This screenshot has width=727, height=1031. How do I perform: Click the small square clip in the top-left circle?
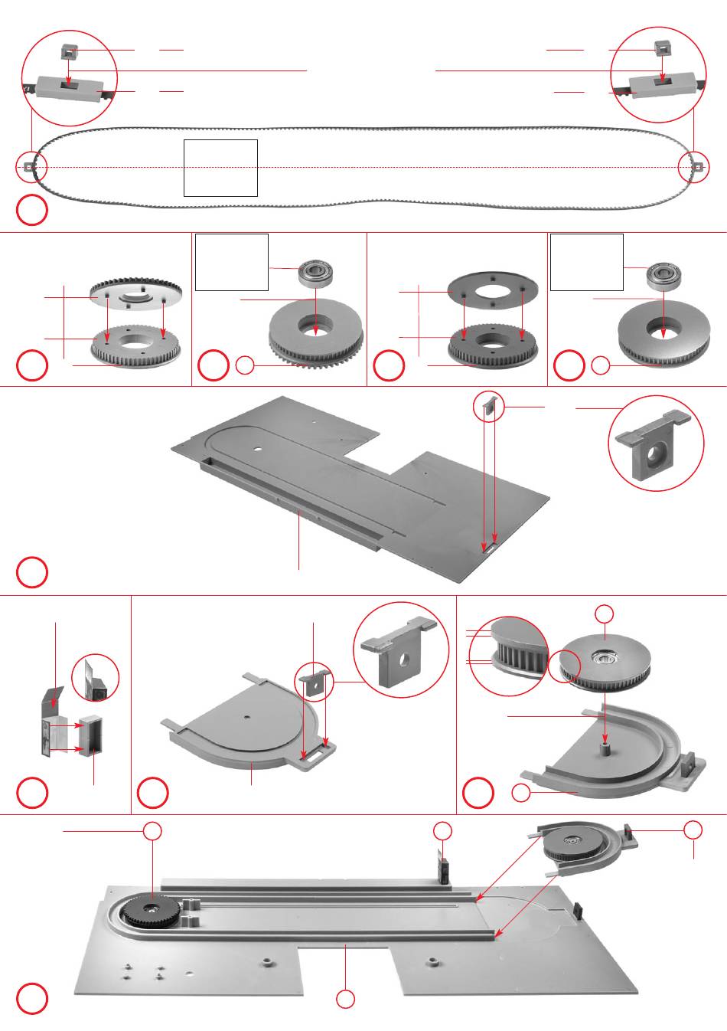tap(70, 52)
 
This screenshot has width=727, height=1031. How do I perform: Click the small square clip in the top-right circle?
tap(663, 48)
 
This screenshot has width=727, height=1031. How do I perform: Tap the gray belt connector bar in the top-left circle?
tap(70, 90)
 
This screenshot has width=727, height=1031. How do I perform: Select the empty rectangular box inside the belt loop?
tap(220, 168)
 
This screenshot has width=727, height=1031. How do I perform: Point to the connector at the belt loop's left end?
tap(28, 166)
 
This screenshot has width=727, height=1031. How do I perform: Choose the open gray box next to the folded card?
tap(90, 734)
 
